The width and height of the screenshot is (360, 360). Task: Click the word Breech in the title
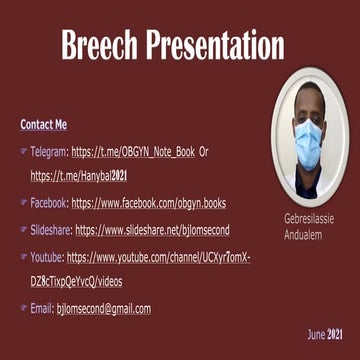click(x=99, y=45)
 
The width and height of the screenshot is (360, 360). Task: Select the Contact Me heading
click(x=43, y=125)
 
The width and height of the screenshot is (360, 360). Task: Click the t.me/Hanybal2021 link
click(x=78, y=175)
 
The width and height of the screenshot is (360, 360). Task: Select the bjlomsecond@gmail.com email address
click(x=103, y=309)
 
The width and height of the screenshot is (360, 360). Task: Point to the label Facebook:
click(x=49, y=202)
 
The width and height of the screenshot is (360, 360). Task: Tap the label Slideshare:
click(x=51, y=229)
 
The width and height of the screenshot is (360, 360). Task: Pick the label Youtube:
click(x=47, y=257)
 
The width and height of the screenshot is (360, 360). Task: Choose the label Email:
click(x=41, y=309)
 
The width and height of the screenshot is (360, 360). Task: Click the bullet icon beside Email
click(x=23, y=309)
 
